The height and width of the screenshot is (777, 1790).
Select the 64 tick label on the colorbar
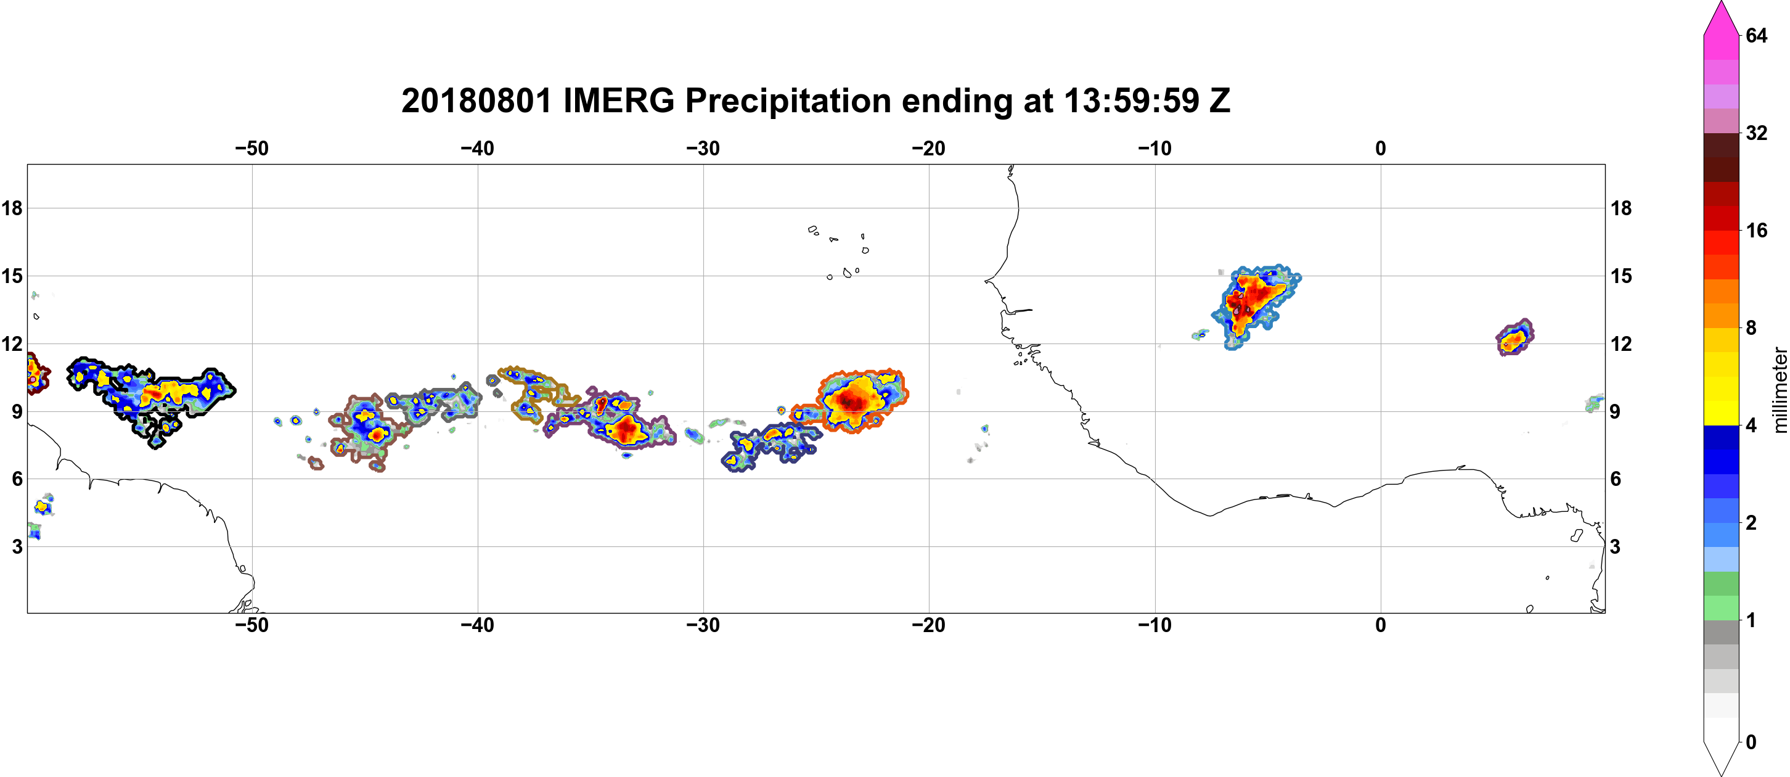[1756, 35]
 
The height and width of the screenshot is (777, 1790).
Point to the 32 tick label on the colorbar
[1756, 133]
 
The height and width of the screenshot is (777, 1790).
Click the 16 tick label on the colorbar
[1756, 231]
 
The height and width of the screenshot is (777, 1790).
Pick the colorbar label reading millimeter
[1779, 390]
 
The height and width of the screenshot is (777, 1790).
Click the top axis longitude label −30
[703, 149]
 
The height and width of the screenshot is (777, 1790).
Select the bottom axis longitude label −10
[1155, 625]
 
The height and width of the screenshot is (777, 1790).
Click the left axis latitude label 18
[12, 208]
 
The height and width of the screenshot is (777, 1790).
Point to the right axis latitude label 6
[1616, 479]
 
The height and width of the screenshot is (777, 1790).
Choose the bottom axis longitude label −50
[251, 625]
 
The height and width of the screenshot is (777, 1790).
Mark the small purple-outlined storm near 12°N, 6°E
[1515, 338]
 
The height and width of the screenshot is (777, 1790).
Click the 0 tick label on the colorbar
[1751, 742]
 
